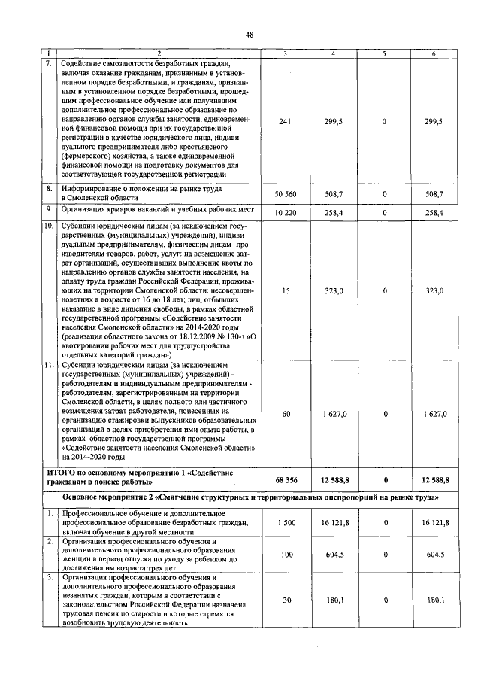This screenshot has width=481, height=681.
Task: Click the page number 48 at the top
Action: pyautogui.click(x=249, y=34)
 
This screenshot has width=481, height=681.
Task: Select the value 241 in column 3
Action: pyautogui.click(x=285, y=121)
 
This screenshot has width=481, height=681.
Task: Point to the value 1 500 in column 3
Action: pyautogui.click(x=285, y=521)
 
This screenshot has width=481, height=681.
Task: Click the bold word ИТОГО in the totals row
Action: pyautogui.click(x=75, y=472)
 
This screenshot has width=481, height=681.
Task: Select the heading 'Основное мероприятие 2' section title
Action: pyautogui.click(x=128, y=497)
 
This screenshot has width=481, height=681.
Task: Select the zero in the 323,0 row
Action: pyautogui.click(x=384, y=290)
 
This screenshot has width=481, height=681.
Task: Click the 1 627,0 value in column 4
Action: pyautogui.click(x=334, y=414)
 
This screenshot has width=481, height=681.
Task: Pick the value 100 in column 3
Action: pyautogui.click(x=285, y=554)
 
